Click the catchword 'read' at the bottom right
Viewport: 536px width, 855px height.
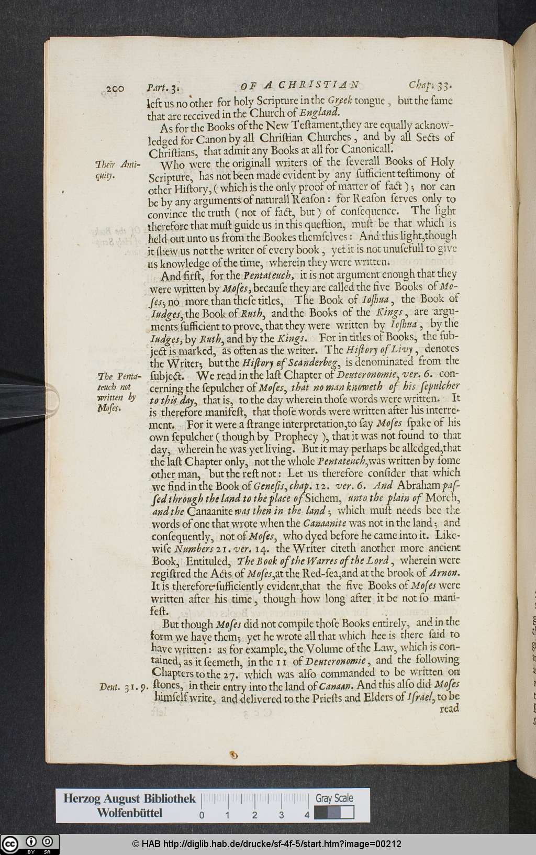coord(449,708)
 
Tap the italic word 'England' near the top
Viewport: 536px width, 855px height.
coord(320,112)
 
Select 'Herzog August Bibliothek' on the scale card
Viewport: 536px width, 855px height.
coord(129,798)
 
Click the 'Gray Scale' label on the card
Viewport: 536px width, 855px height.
coord(334,798)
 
